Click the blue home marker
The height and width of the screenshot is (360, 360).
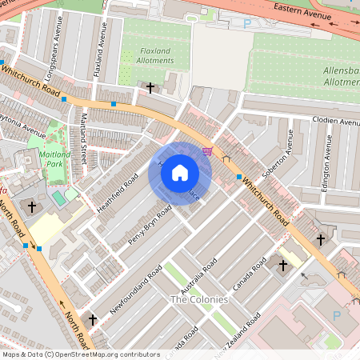(180, 173)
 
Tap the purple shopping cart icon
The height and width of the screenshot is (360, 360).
(208, 150)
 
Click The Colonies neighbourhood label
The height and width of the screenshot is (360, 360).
(199, 299)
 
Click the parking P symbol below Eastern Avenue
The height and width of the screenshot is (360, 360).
(246, 24)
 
